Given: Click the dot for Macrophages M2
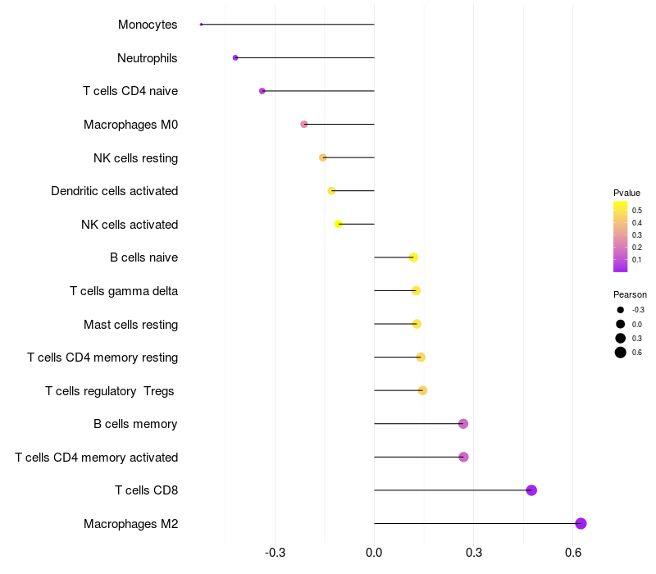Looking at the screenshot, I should (x=581, y=523).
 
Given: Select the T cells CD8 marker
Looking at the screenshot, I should (x=531, y=490).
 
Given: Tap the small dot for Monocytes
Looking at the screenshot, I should (x=201, y=25).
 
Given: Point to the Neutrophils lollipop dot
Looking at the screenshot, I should (x=235, y=57).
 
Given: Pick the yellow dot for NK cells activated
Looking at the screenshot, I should (x=339, y=224).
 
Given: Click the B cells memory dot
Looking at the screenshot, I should (x=463, y=424).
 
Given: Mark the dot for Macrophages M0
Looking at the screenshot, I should (x=304, y=125).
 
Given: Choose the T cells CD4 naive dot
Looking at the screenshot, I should (x=262, y=91).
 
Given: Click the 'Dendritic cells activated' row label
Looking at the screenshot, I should (x=114, y=191).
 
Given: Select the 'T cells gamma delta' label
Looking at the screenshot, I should (x=124, y=291).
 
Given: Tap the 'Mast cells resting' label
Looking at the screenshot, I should (x=130, y=325).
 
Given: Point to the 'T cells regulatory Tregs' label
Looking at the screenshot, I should (x=110, y=391).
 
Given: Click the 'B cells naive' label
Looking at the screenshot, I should (x=143, y=257).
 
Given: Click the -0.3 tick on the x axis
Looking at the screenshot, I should (x=276, y=553).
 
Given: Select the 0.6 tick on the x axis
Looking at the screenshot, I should (x=573, y=553).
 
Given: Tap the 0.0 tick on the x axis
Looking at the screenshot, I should (x=374, y=553).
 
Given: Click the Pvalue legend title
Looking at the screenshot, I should (x=626, y=193).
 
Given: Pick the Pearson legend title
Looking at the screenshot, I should (x=630, y=294).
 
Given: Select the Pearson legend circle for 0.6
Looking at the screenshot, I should (x=621, y=353).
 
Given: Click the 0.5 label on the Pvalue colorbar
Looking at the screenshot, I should (x=636, y=210).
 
